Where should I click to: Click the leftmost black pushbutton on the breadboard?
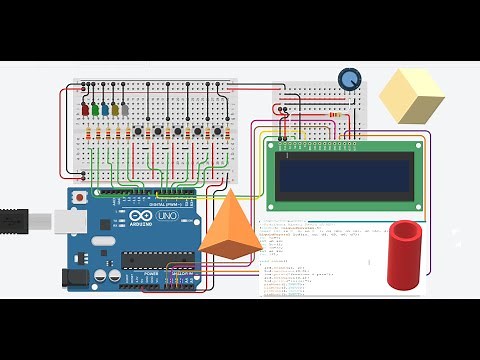point(138,131)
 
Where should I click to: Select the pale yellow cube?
point(411,96)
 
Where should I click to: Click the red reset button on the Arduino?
point(79,199)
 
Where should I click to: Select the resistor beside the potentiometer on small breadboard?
point(337,120)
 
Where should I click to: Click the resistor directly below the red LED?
point(86,134)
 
